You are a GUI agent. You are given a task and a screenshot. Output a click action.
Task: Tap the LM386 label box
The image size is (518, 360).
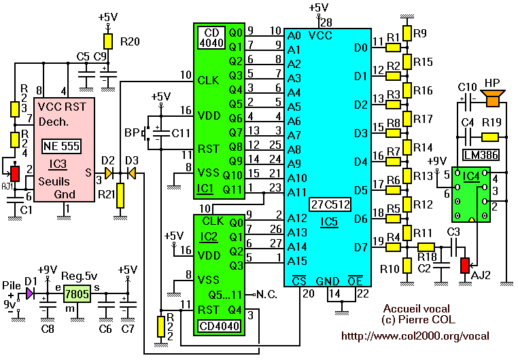tap(480, 156)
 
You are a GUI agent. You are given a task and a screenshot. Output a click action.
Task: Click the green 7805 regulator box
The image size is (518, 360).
tap(77, 293)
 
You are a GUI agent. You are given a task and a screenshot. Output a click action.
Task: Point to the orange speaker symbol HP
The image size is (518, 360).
tap(491, 100)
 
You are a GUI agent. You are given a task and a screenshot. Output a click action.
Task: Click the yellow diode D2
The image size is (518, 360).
tap(109, 174)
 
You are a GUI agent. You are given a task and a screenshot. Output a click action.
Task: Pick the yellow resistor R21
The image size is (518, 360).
tap(120, 196)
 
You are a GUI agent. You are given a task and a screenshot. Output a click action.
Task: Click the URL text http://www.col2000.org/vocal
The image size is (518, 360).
tap(415, 336)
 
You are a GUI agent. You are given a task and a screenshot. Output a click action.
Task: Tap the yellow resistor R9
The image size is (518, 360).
tap(407, 33)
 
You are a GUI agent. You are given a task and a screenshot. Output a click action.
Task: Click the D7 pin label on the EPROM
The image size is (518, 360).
tap(360, 247)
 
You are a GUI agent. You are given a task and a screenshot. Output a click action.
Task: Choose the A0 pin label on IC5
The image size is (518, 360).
tap(294, 35)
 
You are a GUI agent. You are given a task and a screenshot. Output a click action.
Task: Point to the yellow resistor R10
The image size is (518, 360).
tap(407, 266)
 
